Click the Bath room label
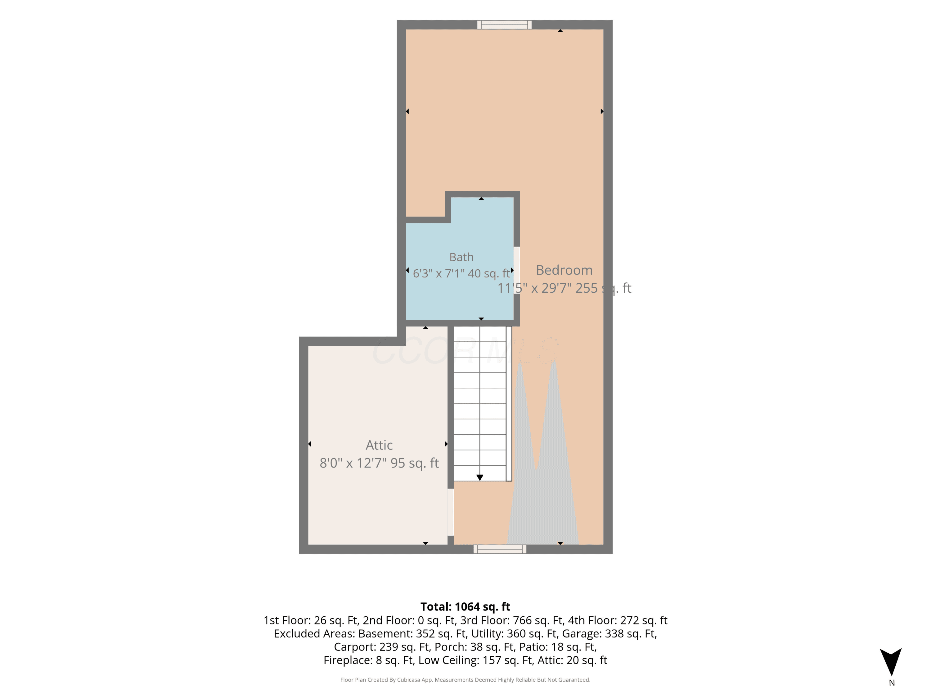[461, 257]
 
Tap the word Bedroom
[564, 270]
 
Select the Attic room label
[379, 445]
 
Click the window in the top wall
[504, 25]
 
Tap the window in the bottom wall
[500, 549]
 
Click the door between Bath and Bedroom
[516, 270]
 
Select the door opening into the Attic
[450, 512]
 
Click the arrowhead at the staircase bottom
[480, 477]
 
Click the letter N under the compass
[892, 683]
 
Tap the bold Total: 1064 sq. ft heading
[465, 607]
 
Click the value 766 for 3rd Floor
[521, 620]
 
